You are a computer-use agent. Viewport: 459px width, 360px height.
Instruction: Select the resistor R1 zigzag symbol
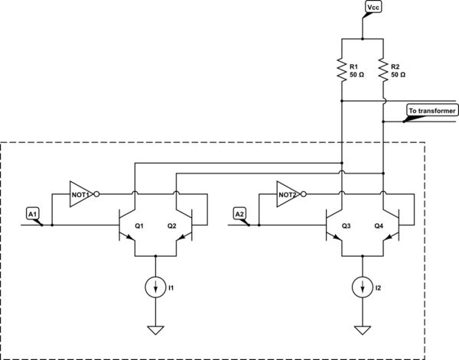[x=341, y=70]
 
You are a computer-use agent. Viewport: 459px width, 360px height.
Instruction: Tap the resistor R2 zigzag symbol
[x=382, y=70]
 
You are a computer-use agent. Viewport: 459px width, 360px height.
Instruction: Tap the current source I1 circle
[x=155, y=287]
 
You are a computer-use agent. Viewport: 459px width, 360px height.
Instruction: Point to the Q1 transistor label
[x=139, y=226]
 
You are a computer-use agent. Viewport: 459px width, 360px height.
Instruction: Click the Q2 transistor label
[x=171, y=226]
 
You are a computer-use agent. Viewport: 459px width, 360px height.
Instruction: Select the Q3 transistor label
[x=346, y=226]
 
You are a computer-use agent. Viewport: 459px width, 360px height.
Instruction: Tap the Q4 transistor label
[x=378, y=226]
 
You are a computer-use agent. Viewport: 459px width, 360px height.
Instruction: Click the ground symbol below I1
[x=155, y=330]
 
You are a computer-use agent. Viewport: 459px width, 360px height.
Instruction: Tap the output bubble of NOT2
[x=304, y=195]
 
